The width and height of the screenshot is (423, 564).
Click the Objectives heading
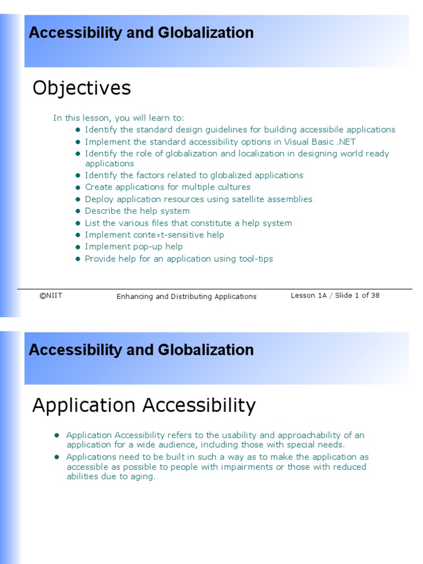[82, 88]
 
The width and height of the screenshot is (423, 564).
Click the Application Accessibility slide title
[144, 405]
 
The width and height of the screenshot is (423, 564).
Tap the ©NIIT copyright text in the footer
[51, 296]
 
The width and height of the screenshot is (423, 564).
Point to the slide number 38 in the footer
[375, 295]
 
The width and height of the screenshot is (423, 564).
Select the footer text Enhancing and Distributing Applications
[186, 296]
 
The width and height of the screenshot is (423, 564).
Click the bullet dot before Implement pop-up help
[78, 247]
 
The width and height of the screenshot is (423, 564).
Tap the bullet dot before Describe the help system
[78, 211]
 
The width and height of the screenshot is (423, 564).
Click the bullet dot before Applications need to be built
[57, 457]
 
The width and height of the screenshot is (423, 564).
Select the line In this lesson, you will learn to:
[118, 118]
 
